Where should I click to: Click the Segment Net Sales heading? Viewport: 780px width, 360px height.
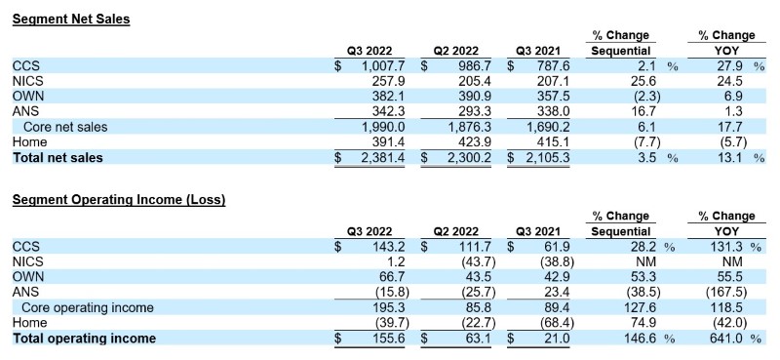click(x=70, y=20)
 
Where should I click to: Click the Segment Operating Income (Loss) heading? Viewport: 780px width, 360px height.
click(x=119, y=200)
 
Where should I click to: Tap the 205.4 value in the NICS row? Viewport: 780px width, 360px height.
click(x=475, y=81)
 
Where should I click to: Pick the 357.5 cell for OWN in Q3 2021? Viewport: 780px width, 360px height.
click(x=553, y=97)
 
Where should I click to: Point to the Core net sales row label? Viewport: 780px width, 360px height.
click(x=65, y=127)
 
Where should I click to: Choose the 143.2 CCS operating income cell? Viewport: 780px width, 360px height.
click(x=388, y=247)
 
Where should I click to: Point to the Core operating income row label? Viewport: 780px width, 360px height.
click(x=88, y=307)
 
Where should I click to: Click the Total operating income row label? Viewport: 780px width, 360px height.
click(x=84, y=339)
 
